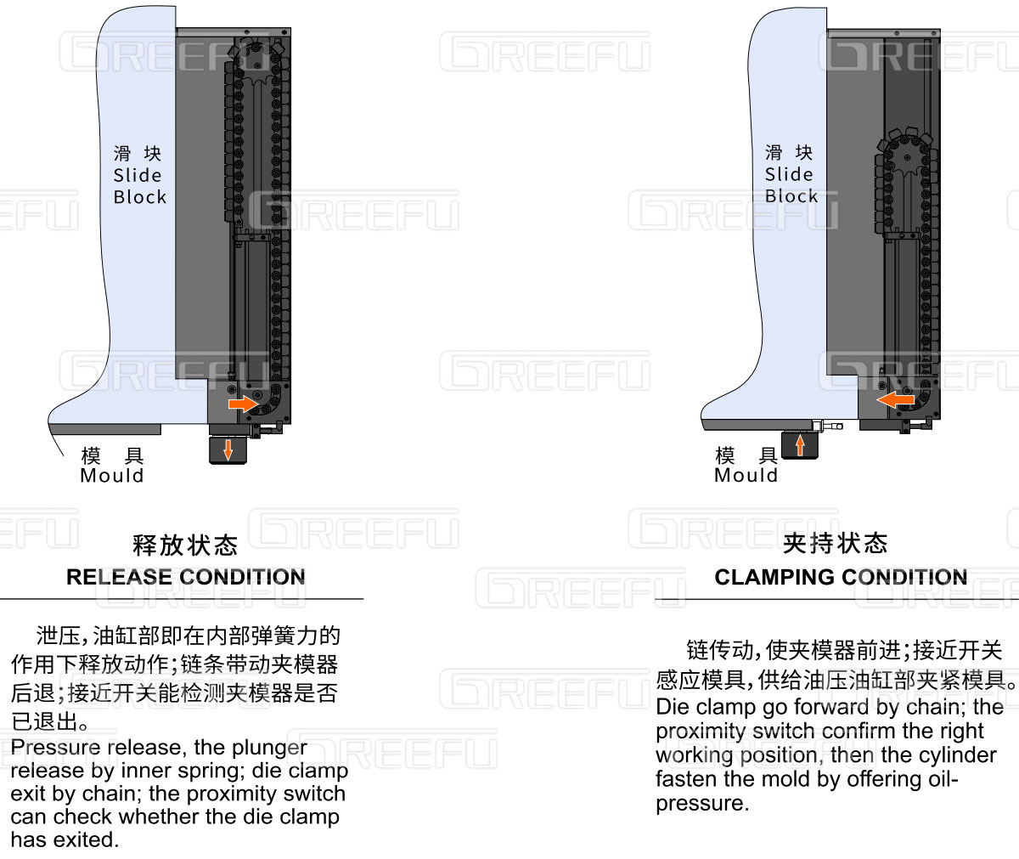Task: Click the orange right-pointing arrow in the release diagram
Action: [x=243, y=404]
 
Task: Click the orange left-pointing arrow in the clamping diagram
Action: [x=895, y=400]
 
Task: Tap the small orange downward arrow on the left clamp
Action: [x=228, y=449]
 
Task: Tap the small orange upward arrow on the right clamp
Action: [x=799, y=445]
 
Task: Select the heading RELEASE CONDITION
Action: [x=185, y=577]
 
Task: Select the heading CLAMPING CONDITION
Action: [x=841, y=577]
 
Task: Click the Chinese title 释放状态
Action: [x=185, y=545]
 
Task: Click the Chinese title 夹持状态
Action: [x=836, y=543]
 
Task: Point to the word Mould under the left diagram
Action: [x=112, y=475]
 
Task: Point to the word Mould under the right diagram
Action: [x=746, y=475]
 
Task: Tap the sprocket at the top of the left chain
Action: [x=256, y=64]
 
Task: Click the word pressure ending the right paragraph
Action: [x=701, y=803]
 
